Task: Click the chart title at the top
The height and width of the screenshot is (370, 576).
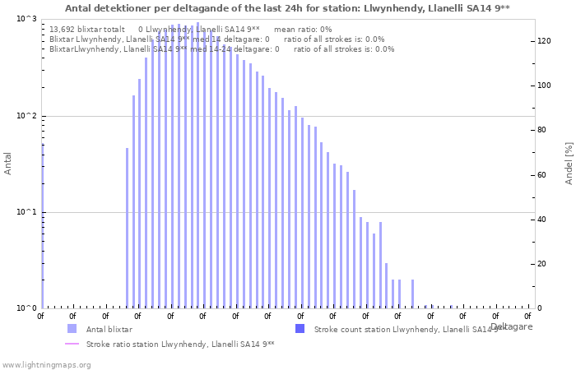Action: point(287,8)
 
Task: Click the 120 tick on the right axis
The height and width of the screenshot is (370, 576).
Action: point(544,40)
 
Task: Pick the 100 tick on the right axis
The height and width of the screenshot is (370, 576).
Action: point(544,86)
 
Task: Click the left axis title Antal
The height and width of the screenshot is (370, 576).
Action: point(8,164)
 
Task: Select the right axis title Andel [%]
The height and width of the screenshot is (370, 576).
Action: point(569,163)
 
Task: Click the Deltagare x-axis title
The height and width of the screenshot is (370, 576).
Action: point(511,326)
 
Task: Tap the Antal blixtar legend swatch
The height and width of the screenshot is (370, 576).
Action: point(72,329)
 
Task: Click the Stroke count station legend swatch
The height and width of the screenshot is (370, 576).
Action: point(300,329)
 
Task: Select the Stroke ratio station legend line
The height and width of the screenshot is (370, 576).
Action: point(72,345)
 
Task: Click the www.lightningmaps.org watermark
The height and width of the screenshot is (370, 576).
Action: point(47,364)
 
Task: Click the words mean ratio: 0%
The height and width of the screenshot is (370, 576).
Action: point(303,29)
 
